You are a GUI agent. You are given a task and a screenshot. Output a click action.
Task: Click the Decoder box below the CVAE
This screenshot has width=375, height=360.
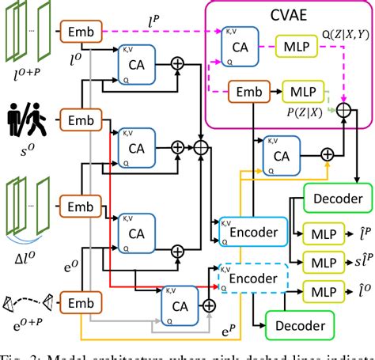point(335,199)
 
